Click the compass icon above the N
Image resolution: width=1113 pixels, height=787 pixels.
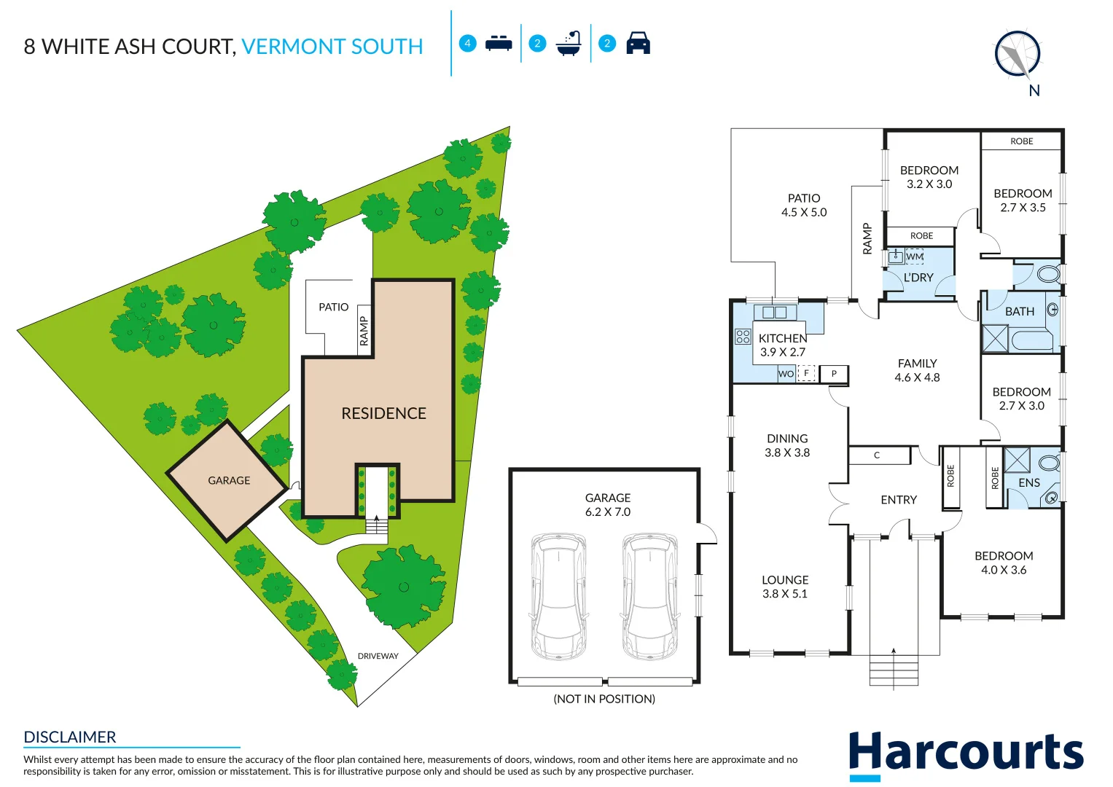click(x=1018, y=54)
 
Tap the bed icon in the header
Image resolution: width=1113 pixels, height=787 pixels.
click(x=499, y=43)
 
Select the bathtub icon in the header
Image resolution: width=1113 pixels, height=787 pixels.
click(x=569, y=44)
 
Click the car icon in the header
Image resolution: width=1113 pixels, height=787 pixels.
click(x=638, y=43)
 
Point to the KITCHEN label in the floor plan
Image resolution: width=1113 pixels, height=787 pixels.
click(x=783, y=338)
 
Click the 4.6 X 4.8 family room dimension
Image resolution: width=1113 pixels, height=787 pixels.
click(x=917, y=377)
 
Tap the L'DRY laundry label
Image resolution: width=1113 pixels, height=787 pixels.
click(x=918, y=278)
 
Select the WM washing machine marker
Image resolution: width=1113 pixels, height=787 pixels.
click(x=915, y=257)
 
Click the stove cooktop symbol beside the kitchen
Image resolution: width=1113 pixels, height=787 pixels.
click(x=743, y=336)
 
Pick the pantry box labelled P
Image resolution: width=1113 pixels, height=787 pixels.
click(x=834, y=374)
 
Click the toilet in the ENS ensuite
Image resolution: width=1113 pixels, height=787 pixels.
click(x=1049, y=463)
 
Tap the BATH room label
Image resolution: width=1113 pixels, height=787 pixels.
click(x=1019, y=311)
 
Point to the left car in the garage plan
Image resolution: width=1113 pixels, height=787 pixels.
click(x=559, y=596)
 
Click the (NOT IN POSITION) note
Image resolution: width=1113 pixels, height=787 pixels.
click(x=604, y=699)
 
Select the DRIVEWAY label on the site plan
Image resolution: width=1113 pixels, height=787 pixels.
click(x=378, y=656)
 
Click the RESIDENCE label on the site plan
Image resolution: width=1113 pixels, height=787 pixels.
click(x=383, y=413)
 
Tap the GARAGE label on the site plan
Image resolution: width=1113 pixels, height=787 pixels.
click(x=229, y=480)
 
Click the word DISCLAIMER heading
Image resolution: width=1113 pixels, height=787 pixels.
click(x=70, y=737)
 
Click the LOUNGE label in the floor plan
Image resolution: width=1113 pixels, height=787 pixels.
click(x=785, y=580)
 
